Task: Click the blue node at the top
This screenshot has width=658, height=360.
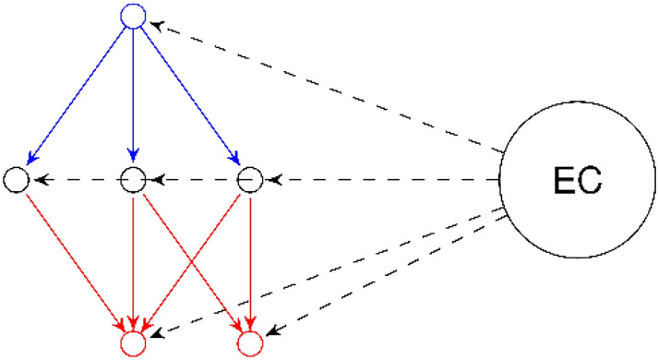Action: pyautogui.click(x=134, y=16)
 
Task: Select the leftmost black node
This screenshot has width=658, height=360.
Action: pyautogui.click(x=17, y=179)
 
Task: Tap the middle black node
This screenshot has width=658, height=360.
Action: pyautogui.click(x=134, y=179)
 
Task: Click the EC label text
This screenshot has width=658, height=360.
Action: pyautogui.click(x=578, y=180)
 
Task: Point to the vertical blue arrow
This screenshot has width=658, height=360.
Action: pyautogui.click(x=134, y=92)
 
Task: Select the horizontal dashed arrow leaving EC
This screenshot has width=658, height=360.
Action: pyautogui.click(x=378, y=179)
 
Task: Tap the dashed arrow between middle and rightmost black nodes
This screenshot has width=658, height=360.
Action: pyautogui.click(x=192, y=179)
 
